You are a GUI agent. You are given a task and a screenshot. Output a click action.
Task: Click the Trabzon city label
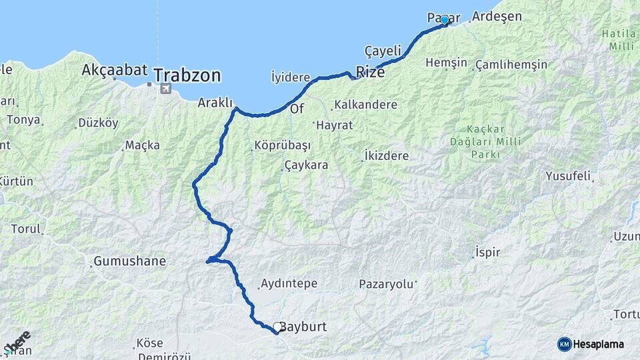[x=187, y=75]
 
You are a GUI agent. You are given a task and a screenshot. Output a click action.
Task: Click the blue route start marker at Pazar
[x=445, y=20]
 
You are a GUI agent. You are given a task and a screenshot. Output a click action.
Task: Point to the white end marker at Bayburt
[x=277, y=327]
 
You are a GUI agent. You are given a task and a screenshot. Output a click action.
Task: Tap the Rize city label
[x=370, y=72]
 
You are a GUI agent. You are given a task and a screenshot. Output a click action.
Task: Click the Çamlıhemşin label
[x=511, y=65]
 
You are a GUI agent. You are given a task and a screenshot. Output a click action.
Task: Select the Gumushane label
[x=129, y=261]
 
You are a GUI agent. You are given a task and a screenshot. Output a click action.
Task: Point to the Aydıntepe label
[x=289, y=283]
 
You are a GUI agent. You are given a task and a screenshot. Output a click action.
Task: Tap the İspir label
[x=487, y=253]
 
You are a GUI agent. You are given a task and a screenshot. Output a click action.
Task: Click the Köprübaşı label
[x=282, y=145]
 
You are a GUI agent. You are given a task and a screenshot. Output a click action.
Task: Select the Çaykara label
[x=306, y=165]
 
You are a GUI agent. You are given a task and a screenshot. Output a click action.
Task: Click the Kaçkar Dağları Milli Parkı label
[x=485, y=141]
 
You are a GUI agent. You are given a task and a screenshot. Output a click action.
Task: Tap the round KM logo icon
[x=564, y=344]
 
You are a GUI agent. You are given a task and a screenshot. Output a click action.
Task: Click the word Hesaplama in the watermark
[x=599, y=344]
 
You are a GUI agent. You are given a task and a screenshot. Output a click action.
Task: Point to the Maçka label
[x=142, y=145]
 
